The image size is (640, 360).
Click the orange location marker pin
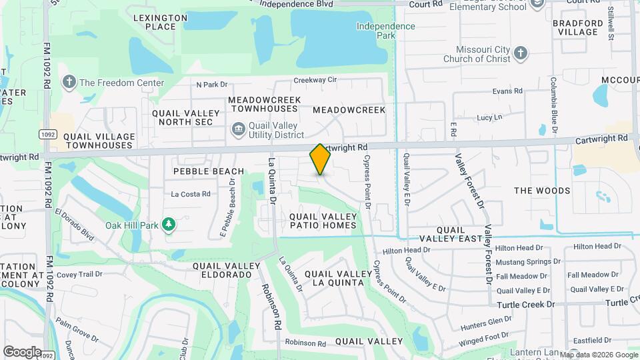(320, 159)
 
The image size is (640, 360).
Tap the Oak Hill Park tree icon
(169, 225)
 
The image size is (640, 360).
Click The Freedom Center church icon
(68, 83)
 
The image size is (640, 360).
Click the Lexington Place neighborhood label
(160, 22)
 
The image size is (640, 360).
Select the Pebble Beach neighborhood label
(209, 171)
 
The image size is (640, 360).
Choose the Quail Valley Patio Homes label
(323, 221)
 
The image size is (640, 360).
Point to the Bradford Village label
(577, 27)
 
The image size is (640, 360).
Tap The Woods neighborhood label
(542, 191)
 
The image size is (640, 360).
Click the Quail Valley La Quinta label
(337, 278)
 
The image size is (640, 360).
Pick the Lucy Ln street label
(489, 117)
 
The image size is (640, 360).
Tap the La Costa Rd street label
(191, 194)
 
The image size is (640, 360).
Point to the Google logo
(22, 351)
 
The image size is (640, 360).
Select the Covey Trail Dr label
(79, 274)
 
